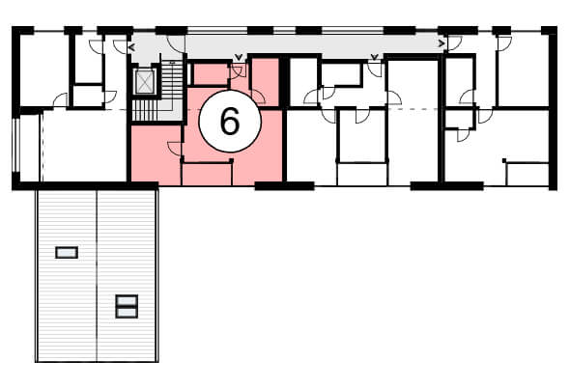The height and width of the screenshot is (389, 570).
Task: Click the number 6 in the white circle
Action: (230, 122)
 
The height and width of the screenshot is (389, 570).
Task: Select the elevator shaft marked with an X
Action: (145, 81)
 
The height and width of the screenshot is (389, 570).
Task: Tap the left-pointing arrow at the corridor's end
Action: (131, 47)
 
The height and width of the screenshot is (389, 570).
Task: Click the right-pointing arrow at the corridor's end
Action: (442, 43)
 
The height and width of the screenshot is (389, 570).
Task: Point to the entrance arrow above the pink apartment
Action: (238, 57)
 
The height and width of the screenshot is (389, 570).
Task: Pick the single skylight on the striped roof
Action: (67, 253)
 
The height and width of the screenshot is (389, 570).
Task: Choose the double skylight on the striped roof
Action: (127, 306)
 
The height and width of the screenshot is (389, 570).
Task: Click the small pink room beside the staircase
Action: (211, 74)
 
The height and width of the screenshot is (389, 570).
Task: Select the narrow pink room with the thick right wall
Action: (265, 81)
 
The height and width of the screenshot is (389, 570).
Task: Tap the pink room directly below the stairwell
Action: (156, 153)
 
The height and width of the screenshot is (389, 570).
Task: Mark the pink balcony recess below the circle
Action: (207, 175)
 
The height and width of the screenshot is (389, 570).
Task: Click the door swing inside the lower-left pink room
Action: (174, 149)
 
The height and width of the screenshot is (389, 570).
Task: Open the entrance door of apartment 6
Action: (238, 71)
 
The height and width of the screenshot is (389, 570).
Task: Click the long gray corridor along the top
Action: (313, 46)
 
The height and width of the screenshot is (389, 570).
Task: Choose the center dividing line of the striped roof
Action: (97, 276)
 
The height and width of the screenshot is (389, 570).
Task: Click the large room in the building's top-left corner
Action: (43, 69)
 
